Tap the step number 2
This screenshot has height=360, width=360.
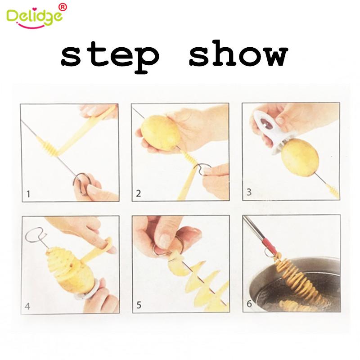(x=139, y=194)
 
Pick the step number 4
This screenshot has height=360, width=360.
(x=28, y=307)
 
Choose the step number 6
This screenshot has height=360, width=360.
(x=249, y=305)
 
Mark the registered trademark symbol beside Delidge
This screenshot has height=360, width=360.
(x=63, y=7)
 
